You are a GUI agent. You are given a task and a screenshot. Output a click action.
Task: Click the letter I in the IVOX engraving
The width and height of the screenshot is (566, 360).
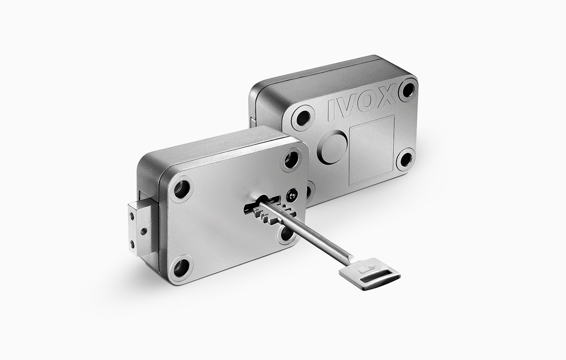point(332,110)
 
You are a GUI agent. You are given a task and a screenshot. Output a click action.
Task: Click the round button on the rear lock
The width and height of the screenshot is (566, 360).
point(333,146)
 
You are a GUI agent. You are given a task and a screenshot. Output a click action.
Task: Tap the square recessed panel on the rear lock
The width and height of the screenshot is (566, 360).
point(372,150)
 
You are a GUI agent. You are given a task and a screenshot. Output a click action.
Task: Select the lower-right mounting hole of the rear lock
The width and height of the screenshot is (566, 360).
point(406,159)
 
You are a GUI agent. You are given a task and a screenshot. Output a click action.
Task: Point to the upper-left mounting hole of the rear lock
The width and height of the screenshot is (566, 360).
point(303,118)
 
